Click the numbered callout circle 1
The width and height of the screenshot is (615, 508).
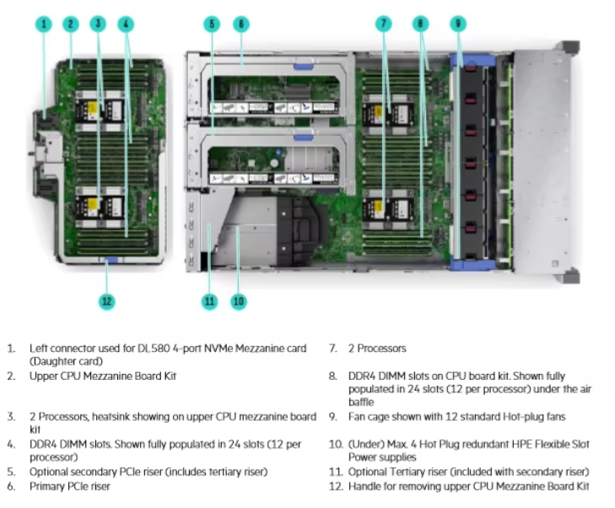click(45, 24)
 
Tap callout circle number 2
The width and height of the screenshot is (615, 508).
click(72, 24)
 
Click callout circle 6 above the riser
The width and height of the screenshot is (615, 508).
click(240, 24)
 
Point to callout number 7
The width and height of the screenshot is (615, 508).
click(384, 24)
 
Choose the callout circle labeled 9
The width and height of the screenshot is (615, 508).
click(457, 24)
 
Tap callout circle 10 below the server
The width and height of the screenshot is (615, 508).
click(239, 300)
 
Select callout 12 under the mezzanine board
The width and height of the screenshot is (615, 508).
click(107, 300)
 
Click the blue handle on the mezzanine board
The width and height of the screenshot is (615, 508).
click(107, 260)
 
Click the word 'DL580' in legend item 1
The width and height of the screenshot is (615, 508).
click(143, 349)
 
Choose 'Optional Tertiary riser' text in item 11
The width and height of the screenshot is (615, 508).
click(396, 471)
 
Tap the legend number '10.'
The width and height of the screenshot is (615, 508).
click(334, 444)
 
